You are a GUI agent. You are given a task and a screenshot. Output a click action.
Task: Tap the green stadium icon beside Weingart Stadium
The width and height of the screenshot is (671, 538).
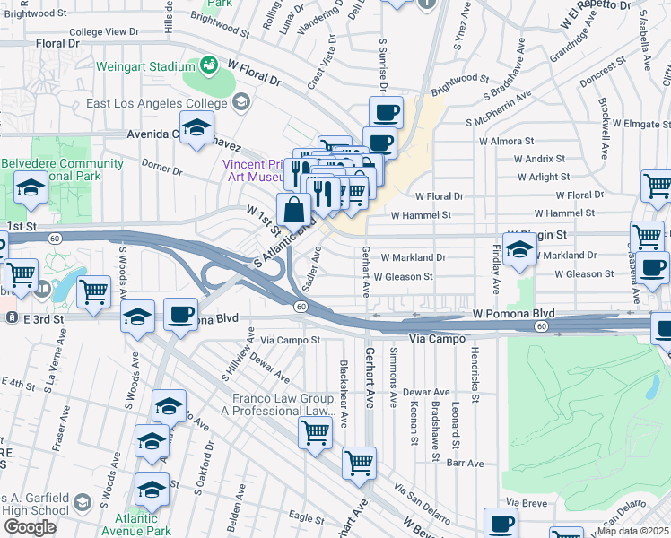(209, 65)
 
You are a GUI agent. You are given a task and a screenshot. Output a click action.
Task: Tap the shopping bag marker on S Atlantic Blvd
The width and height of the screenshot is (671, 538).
(293, 212)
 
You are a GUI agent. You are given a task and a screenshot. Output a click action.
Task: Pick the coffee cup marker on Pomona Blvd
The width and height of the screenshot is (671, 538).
(181, 315)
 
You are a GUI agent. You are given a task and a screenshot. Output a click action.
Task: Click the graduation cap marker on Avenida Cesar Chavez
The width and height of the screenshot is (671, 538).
(196, 129)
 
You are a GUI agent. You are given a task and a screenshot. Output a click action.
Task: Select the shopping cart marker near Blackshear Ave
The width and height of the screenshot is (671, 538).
(315, 433)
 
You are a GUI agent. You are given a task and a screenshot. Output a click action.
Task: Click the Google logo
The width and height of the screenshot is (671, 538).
(30, 526)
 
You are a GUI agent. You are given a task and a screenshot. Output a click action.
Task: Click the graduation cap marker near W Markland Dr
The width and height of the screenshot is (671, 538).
(519, 251)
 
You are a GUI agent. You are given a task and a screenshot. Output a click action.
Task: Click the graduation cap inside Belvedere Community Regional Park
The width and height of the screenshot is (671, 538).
(30, 188)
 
